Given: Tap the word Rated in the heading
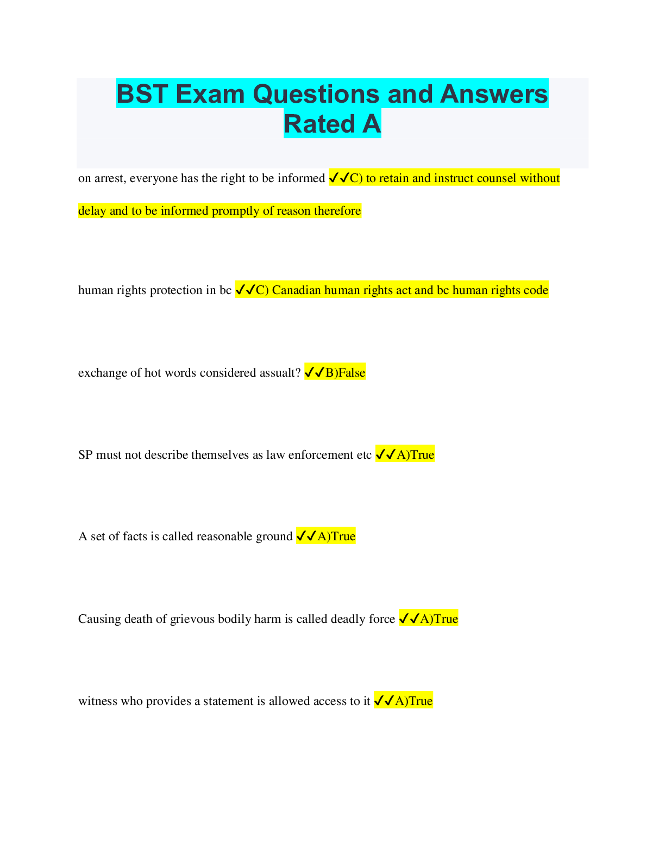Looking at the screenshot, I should [x=319, y=124].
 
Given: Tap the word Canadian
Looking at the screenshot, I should [x=296, y=290].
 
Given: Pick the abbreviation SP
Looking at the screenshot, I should [x=85, y=455].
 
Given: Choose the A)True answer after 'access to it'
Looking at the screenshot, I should [x=413, y=701].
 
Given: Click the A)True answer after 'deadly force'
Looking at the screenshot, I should [x=439, y=619].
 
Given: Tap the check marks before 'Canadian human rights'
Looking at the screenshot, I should [x=245, y=290].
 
